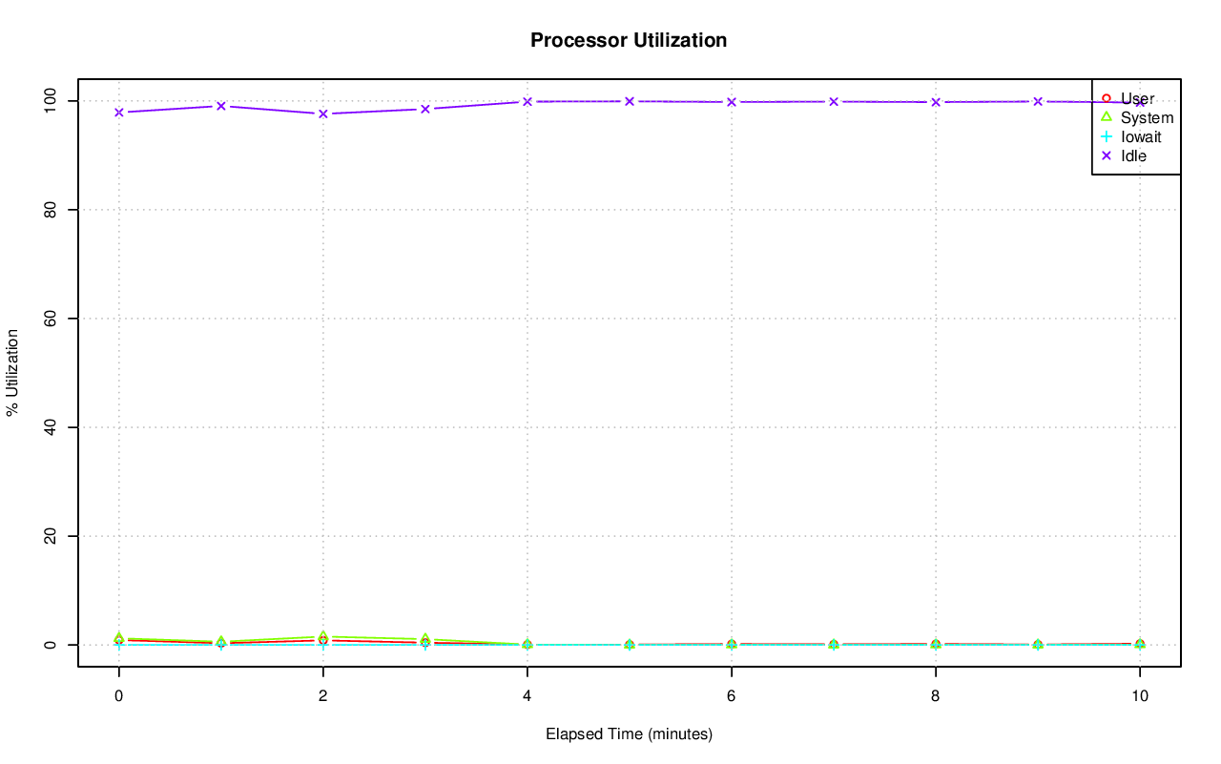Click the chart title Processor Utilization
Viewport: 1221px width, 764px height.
coord(629,40)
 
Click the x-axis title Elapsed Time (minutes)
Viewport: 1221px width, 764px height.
coord(629,734)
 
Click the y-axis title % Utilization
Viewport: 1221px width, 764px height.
coord(12,373)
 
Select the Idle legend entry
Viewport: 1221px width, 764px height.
coord(1133,155)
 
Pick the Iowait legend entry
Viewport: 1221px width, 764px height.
coord(1140,136)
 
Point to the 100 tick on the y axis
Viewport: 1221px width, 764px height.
coord(54,100)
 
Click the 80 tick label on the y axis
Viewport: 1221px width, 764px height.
coord(54,209)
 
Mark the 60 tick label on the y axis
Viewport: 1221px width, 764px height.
coord(54,318)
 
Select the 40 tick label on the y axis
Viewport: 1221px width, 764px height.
coord(54,427)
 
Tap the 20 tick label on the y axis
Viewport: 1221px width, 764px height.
coord(54,536)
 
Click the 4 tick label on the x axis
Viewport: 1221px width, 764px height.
coord(527,696)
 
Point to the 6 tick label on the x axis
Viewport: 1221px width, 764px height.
coord(731,696)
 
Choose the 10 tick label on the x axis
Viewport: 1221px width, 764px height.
coord(1139,696)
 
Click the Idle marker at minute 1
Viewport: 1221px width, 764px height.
coord(220,106)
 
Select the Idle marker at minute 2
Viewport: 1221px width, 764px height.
coord(322,114)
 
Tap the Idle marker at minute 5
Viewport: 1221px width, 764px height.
coord(629,101)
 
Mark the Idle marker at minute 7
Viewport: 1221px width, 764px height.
coord(833,101)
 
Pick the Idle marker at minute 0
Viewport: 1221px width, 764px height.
coord(118,113)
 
